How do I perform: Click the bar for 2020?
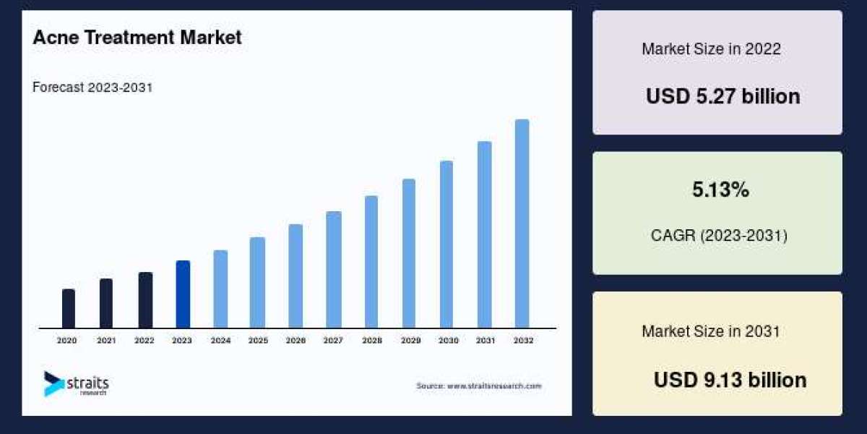click(x=69, y=309)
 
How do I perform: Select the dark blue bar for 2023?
click(x=183, y=294)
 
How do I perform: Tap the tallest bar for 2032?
click(x=522, y=224)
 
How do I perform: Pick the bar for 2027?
click(x=333, y=270)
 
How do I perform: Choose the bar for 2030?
click(x=447, y=244)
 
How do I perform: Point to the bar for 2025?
click(x=257, y=283)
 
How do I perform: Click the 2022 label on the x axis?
click(x=144, y=340)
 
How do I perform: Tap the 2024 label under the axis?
click(x=220, y=340)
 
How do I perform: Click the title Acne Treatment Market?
click(x=137, y=38)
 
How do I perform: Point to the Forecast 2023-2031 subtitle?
click(x=92, y=88)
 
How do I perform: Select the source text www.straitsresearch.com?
click(x=478, y=386)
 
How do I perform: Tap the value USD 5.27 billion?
click(x=722, y=96)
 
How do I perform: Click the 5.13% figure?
click(x=720, y=190)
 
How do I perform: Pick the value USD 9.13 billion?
click(x=730, y=380)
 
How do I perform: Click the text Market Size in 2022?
click(x=711, y=49)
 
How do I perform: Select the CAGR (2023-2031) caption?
click(x=720, y=236)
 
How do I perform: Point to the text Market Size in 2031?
click(x=711, y=331)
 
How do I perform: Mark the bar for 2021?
click(x=106, y=304)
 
